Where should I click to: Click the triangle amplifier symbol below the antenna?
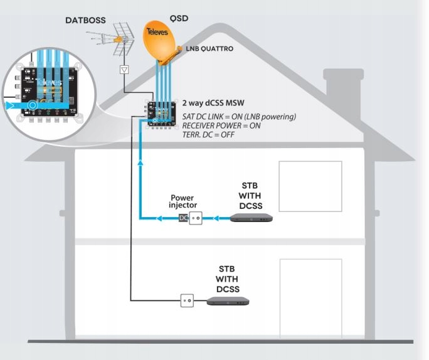(x=124, y=70)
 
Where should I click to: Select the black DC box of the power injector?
(x=183, y=218)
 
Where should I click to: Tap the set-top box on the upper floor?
(x=251, y=218)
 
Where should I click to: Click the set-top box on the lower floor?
(x=232, y=300)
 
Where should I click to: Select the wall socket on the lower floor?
(x=187, y=300)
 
